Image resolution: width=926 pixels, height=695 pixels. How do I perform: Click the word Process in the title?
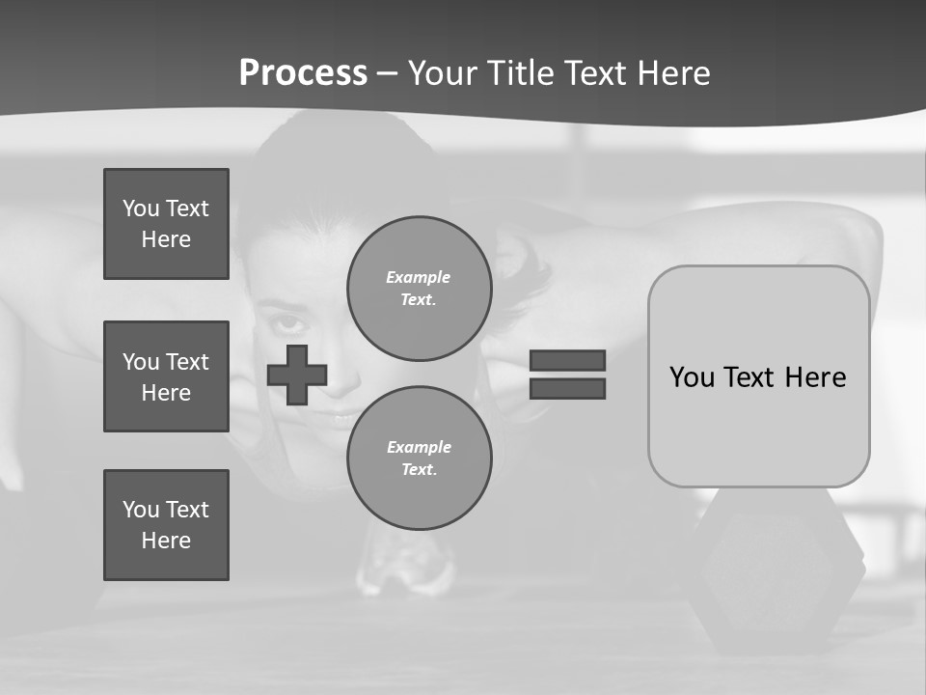[303, 73]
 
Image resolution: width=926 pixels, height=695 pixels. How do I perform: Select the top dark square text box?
[166, 224]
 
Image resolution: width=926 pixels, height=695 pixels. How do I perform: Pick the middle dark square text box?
[166, 376]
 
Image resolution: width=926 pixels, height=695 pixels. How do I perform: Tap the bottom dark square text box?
[166, 525]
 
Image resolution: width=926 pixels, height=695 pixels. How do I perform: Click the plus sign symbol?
[297, 375]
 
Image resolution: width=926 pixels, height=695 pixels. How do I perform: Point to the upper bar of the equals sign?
[567, 360]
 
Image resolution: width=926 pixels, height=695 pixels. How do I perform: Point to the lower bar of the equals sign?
[567, 389]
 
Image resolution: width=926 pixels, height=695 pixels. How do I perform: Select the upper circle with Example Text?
[419, 289]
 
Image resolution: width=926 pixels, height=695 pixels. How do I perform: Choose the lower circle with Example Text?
[419, 459]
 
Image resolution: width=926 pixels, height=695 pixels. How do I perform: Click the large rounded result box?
[758, 376]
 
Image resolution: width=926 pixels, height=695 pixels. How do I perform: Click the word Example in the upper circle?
[418, 277]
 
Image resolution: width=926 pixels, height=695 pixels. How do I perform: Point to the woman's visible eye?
[288, 323]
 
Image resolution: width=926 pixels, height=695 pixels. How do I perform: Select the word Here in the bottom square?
[166, 541]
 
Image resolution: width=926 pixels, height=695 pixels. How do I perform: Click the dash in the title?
[388, 73]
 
